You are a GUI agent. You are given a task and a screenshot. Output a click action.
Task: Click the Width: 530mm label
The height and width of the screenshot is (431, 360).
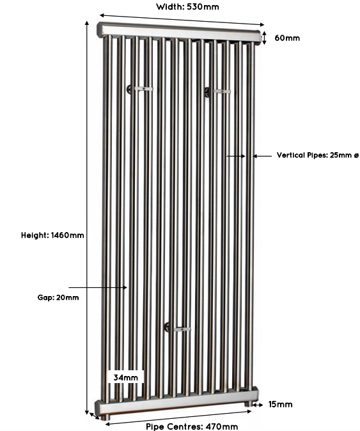187,6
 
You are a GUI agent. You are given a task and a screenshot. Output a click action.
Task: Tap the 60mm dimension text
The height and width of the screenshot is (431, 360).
287,38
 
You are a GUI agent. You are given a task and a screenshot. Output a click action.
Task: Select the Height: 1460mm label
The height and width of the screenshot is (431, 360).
52,235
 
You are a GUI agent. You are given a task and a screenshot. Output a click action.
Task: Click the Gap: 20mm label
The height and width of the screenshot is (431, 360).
58,297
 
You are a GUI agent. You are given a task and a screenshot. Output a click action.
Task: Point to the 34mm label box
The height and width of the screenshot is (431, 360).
126,378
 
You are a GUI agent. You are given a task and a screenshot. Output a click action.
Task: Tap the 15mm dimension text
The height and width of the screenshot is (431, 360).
280,404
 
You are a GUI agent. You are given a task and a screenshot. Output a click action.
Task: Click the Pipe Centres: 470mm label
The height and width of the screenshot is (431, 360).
192,427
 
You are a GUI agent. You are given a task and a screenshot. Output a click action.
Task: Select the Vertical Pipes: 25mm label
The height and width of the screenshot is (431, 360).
318,155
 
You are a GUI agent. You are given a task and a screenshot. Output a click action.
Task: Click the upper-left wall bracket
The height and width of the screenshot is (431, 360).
139,89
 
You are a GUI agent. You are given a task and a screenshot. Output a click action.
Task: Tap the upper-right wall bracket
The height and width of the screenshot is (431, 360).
217,91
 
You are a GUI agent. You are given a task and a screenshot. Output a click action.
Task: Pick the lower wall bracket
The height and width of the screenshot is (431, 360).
177,329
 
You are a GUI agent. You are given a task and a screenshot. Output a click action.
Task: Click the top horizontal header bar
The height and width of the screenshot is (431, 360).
179,33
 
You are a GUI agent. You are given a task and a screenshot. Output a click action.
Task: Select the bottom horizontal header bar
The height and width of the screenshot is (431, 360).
176,403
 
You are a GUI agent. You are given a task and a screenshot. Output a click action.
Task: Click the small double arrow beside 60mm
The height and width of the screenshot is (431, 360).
264,38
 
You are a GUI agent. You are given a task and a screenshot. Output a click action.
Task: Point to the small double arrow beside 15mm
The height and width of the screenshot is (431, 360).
258,405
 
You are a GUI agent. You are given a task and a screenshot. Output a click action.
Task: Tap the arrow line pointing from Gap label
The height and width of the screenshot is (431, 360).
98,288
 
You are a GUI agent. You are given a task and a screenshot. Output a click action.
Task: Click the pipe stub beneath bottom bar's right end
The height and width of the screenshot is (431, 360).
249,404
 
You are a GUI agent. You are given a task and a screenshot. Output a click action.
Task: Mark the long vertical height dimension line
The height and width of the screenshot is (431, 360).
87,217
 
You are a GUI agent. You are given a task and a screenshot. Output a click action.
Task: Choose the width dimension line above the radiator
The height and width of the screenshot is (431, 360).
182,20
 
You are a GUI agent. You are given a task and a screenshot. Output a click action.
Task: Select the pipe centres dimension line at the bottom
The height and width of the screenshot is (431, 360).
178,418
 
